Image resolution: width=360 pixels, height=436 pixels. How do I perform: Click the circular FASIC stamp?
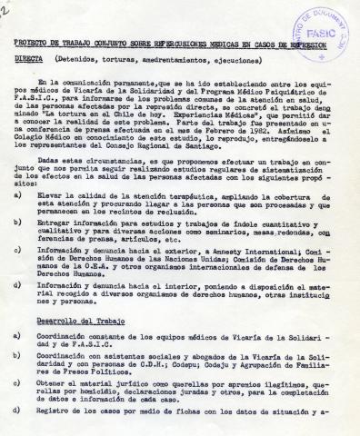319,28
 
